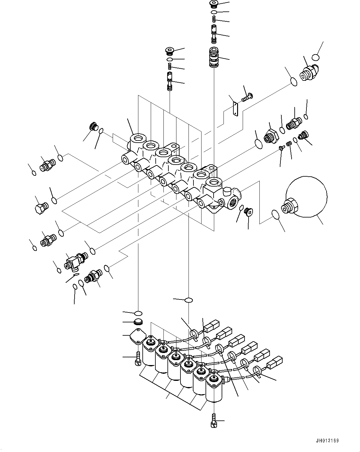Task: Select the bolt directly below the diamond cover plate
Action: pos(138,359)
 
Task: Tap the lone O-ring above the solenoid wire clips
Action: pos(188,300)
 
